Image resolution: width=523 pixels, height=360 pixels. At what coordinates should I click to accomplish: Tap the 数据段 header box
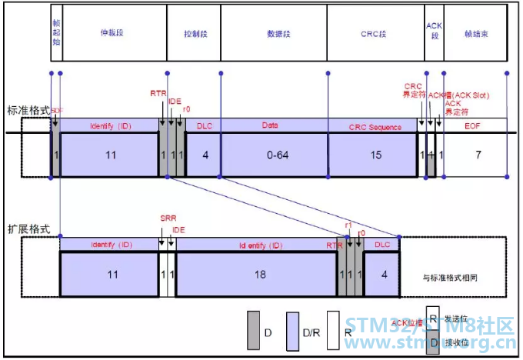point(274,33)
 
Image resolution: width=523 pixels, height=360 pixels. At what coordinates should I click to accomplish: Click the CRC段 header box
point(375,33)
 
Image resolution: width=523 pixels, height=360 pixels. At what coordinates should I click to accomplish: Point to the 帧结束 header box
point(475,33)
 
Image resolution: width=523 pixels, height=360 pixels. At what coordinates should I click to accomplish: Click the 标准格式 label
point(27,110)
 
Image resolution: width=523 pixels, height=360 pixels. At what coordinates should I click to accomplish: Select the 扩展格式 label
point(27,228)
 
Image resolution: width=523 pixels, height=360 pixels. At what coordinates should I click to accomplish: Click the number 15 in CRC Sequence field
point(375,155)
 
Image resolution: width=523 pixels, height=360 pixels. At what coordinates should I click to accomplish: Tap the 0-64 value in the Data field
point(275,155)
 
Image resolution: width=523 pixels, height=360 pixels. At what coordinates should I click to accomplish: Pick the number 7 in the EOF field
point(478,155)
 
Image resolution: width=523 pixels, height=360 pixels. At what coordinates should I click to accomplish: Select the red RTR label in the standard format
point(158,93)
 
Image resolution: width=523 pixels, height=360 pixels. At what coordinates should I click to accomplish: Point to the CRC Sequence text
point(375,126)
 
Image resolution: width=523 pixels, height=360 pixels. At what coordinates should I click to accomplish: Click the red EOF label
point(477,126)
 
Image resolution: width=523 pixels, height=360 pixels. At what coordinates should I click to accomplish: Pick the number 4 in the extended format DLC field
point(380,273)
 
